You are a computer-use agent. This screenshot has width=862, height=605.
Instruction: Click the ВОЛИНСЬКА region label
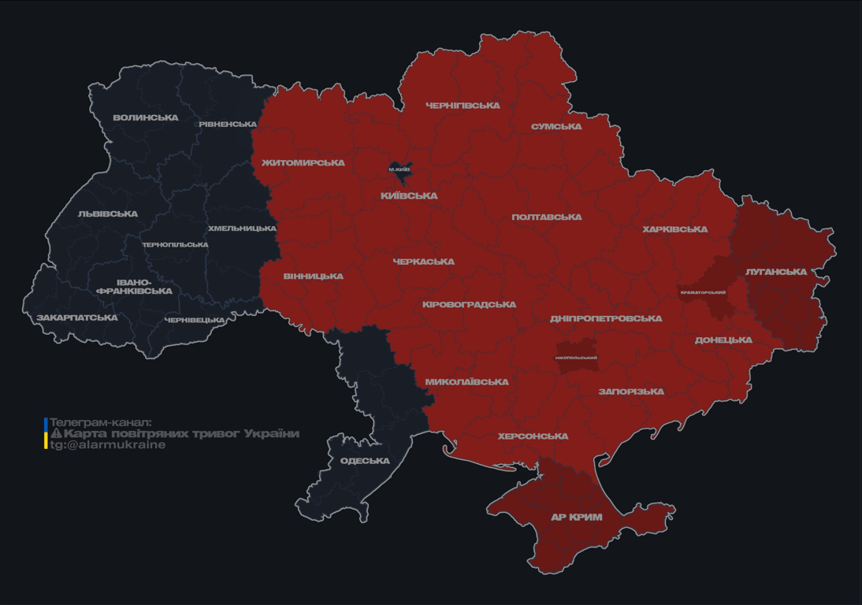(x=145, y=118)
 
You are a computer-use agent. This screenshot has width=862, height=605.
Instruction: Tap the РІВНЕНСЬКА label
(x=228, y=124)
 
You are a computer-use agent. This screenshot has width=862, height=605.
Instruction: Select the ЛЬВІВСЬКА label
(x=108, y=214)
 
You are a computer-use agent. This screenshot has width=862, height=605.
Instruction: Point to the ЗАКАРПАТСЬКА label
(x=76, y=318)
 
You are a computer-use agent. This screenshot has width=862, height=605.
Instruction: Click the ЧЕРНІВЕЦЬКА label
(x=195, y=321)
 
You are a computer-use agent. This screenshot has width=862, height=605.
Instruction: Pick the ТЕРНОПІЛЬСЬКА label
(x=175, y=245)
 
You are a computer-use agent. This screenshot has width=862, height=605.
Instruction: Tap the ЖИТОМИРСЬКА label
(x=303, y=163)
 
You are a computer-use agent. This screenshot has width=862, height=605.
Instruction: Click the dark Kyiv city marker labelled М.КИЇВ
(x=400, y=169)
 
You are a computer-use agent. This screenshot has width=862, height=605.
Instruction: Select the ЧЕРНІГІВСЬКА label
(x=463, y=106)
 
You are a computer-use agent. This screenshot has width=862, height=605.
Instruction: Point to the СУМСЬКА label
(x=556, y=127)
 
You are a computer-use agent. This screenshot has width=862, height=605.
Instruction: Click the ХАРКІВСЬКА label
(x=674, y=230)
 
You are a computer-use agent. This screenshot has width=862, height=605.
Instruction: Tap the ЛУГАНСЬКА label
(x=776, y=272)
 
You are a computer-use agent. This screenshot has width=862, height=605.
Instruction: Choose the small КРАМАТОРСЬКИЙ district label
(x=703, y=293)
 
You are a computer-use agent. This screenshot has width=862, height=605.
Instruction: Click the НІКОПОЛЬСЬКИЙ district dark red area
(x=576, y=357)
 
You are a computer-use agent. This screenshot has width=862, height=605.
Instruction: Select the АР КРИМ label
(x=576, y=518)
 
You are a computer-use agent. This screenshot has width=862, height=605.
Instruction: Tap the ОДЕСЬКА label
(x=365, y=461)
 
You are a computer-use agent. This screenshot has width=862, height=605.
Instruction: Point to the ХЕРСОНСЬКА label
(x=533, y=436)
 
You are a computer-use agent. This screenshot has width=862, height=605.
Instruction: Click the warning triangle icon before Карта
(x=56, y=433)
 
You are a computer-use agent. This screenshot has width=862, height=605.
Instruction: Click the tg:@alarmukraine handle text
(x=107, y=445)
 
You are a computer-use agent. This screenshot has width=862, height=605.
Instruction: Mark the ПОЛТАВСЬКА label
(x=546, y=217)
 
